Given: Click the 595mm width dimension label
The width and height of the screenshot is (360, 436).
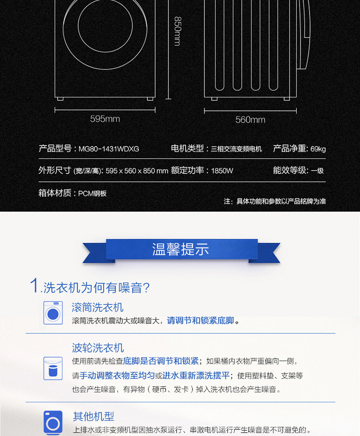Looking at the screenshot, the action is (x=105, y=119).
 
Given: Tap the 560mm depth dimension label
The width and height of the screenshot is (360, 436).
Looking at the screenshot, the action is (x=251, y=120).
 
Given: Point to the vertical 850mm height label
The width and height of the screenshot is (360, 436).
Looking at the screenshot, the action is (x=178, y=31).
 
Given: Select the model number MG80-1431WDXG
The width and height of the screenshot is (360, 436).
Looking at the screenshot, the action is (x=109, y=149).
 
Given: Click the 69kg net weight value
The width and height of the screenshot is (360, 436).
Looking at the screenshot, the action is (x=318, y=149).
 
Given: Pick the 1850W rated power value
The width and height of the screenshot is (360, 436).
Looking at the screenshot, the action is (x=222, y=171).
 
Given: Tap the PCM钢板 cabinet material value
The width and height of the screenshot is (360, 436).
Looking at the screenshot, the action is (x=92, y=193).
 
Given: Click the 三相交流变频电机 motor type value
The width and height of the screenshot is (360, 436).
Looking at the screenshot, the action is (x=236, y=149).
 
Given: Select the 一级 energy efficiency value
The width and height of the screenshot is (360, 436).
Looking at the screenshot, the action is (x=317, y=171).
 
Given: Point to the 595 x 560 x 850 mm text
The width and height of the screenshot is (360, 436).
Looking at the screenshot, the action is (x=137, y=171).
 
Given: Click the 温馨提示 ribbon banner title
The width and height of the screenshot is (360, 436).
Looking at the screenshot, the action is (x=180, y=249).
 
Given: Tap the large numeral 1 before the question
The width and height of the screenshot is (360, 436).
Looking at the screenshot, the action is (x=35, y=285).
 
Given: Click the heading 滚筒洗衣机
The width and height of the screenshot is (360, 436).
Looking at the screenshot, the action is (x=97, y=307).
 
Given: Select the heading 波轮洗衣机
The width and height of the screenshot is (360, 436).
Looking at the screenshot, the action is (x=97, y=348).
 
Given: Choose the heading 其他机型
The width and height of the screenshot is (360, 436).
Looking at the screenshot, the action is (x=94, y=416).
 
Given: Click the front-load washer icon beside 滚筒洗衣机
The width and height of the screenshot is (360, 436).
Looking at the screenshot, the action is (x=53, y=313).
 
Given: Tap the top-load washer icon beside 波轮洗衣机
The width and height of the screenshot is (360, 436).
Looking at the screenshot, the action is (x=53, y=368).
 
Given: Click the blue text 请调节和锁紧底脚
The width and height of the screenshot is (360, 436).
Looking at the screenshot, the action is (x=200, y=320).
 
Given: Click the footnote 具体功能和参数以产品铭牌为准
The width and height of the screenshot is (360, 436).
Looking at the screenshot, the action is (x=281, y=201).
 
